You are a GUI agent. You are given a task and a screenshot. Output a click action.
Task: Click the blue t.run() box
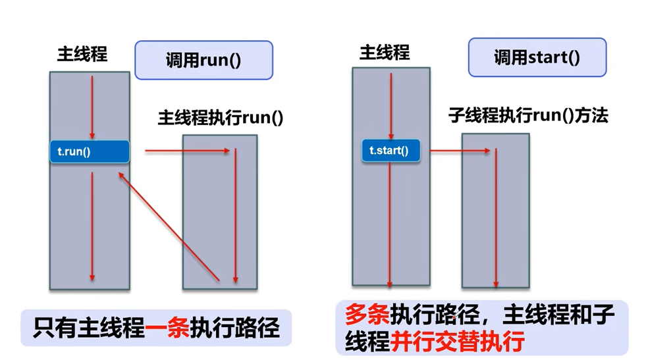[90, 152]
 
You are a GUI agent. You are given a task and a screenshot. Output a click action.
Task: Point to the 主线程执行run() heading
[220, 118]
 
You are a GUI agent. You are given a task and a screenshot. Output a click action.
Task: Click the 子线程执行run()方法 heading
[527, 116]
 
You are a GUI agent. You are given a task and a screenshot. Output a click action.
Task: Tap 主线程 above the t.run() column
[82, 55]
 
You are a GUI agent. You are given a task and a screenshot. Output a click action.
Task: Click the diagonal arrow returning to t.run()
[169, 224]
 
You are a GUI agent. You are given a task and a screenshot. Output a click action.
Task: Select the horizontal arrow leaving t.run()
[187, 151]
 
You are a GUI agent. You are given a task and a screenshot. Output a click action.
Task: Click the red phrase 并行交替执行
[457, 342]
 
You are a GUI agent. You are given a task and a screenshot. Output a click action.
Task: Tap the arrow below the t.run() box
[92, 224]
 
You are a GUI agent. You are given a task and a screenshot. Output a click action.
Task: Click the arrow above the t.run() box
[92, 105]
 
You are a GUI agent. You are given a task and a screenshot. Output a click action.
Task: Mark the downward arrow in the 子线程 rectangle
[495, 217]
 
